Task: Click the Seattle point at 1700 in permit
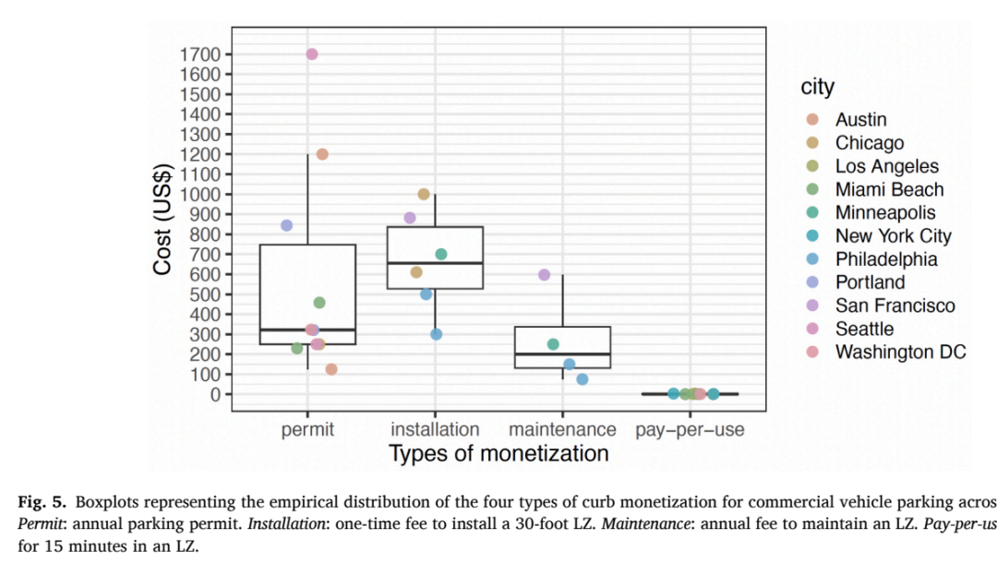click(x=312, y=54)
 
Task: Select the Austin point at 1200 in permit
click(x=322, y=154)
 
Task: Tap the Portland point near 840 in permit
click(x=287, y=225)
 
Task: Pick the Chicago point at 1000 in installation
click(x=424, y=194)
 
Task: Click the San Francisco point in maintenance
click(x=545, y=274)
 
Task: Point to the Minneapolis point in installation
click(x=441, y=254)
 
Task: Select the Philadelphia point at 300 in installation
click(x=436, y=334)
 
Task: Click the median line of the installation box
click(x=435, y=262)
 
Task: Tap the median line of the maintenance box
click(x=563, y=353)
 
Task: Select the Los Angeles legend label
click(x=887, y=166)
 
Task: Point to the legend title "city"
click(x=817, y=87)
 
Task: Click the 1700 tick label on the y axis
click(x=199, y=54)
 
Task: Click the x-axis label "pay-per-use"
click(x=690, y=429)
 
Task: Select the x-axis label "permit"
click(x=307, y=429)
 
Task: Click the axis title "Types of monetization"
click(x=498, y=453)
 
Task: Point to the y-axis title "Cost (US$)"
click(x=162, y=219)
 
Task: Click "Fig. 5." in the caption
click(x=42, y=502)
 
